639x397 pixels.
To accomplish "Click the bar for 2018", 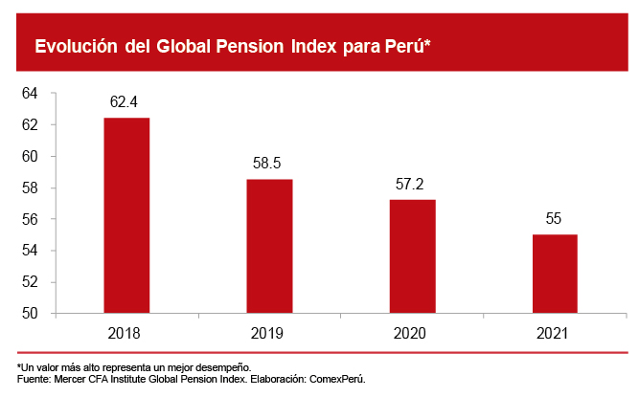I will tap(126, 215).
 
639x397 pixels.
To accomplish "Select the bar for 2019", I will tap(270, 246).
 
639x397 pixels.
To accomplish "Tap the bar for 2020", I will tap(413, 256).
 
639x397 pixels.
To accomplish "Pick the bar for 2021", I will tap(555, 274).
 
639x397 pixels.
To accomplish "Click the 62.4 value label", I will tap(126, 99).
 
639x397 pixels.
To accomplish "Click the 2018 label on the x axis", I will tap(126, 334).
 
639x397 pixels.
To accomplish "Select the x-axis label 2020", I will tap(412, 334).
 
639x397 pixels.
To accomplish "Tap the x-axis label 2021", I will tap(554, 334).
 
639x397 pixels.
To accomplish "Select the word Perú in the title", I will tap(409, 47).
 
